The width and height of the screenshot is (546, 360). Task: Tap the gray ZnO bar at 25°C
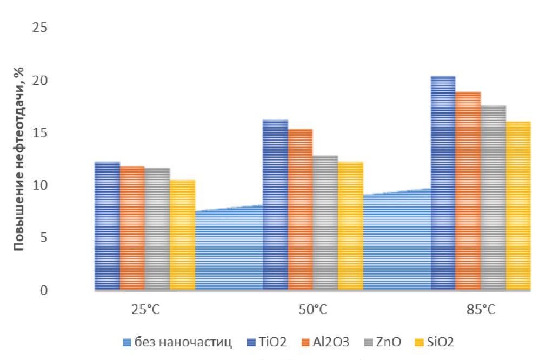(157, 229)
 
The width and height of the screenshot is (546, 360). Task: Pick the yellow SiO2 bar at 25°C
(182, 235)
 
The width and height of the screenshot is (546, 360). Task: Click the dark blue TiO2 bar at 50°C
(275, 205)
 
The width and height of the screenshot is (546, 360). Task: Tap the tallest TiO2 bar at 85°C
(443, 183)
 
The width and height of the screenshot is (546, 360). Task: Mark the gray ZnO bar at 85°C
(493, 198)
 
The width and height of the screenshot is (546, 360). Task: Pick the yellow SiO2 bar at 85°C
(518, 206)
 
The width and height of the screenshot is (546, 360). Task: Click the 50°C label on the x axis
(313, 311)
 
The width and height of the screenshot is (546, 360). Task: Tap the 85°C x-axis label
(481, 311)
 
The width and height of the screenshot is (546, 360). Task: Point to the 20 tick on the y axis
(39, 81)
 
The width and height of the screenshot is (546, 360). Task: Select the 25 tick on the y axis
(39, 28)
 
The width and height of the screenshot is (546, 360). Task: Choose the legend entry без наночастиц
(178, 342)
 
